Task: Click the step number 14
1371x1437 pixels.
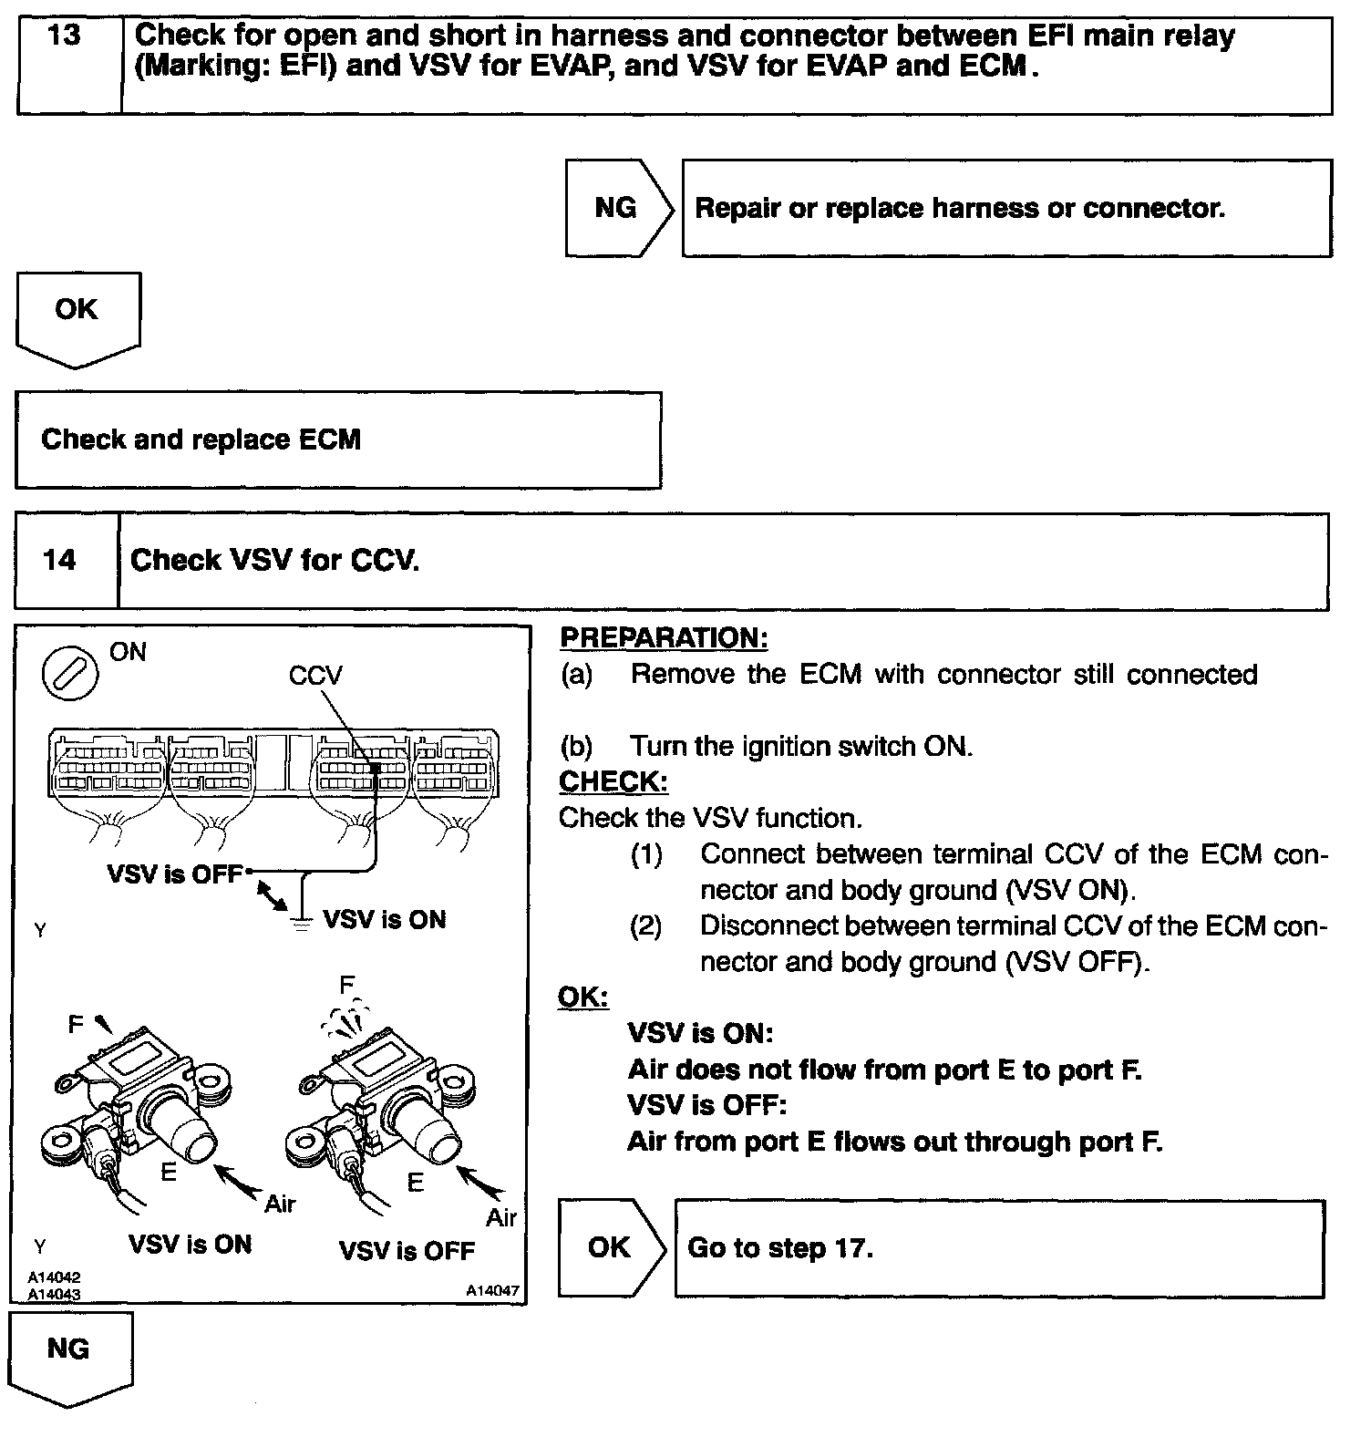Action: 59,559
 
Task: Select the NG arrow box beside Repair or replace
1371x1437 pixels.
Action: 616,208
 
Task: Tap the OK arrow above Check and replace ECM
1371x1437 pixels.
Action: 77,312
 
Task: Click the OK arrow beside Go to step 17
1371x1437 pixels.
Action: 609,1246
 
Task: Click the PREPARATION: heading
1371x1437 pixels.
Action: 664,637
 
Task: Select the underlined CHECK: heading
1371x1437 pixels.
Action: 613,781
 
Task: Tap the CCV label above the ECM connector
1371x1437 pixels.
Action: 314,676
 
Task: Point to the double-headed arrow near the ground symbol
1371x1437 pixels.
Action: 270,894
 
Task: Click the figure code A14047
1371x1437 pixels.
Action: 492,1290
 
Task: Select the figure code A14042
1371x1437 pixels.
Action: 54,1277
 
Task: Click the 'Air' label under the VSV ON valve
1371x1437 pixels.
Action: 280,1204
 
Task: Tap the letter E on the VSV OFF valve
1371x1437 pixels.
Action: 416,1184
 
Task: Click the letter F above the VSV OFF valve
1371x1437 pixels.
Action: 346,985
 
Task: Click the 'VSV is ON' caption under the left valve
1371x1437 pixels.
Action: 190,1245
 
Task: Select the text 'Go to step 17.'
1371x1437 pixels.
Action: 780,1247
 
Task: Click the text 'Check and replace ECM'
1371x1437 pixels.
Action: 201,439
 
